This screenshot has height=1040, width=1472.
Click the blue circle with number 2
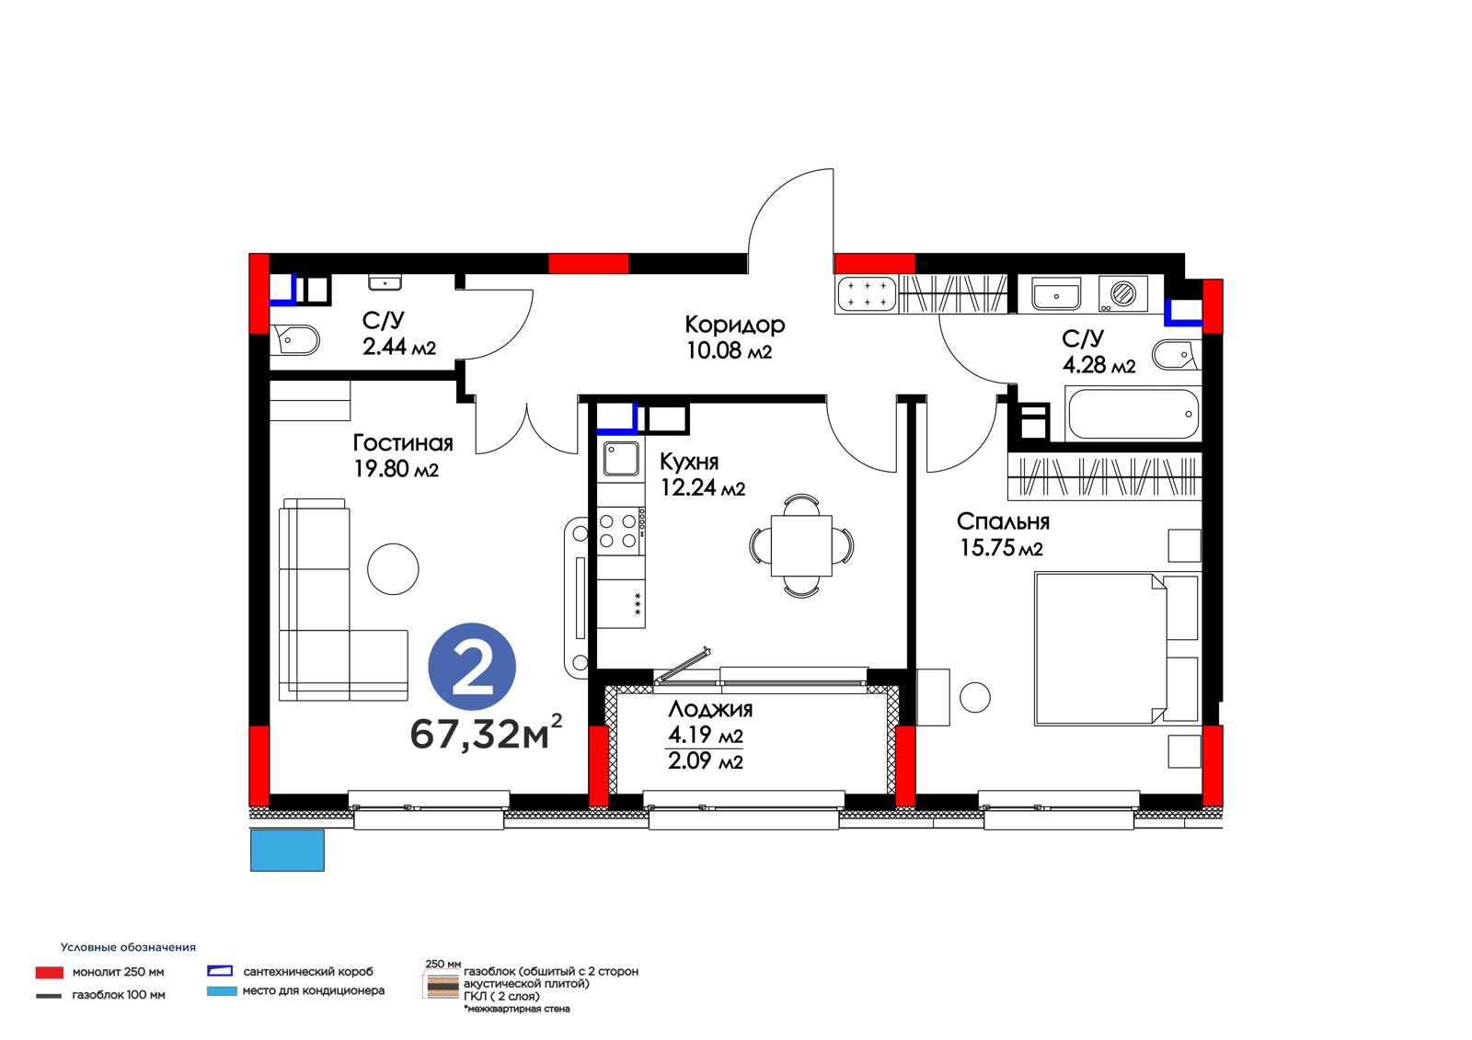(x=472, y=666)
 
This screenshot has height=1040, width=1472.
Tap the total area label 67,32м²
(x=487, y=733)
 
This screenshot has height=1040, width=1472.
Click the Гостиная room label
(x=403, y=443)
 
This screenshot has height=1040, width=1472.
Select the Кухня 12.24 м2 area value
(x=703, y=487)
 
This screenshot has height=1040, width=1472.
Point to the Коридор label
(x=735, y=325)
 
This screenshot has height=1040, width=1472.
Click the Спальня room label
(x=1003, y=521)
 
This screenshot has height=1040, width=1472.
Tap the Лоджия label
(x=710, y=710)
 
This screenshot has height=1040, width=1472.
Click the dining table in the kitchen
(x=801, y=546)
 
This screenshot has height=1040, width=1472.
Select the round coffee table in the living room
(x=393, y=569)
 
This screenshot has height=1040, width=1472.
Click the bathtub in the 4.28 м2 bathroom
(x=1133, y=414)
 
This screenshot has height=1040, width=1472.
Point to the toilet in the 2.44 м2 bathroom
(x=295, y=340)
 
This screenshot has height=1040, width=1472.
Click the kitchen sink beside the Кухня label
(x=621, y=458)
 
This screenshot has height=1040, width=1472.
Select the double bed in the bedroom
(x=1117, y=649)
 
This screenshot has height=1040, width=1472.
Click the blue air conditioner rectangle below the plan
(x=287, y=851)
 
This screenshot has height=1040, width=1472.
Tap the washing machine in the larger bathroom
(x=1122, y=293)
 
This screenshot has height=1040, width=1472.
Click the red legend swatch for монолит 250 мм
(x=50, y=972)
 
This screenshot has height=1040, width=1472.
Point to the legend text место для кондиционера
(x=314, y=990)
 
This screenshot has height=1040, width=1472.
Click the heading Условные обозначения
(x=128, y=947)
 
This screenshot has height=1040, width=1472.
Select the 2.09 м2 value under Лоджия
(x=705, y=760)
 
